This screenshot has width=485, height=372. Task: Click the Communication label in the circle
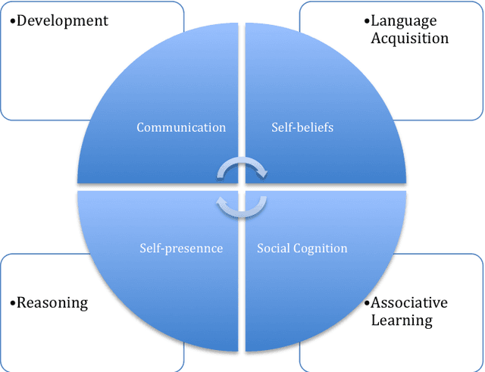coord(181,127)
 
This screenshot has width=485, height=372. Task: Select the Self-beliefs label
coord(302,127)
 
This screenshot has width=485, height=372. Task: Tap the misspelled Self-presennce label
coord(181,249)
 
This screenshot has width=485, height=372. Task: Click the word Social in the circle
coord(274,249)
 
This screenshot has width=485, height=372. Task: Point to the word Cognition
coord(320,249)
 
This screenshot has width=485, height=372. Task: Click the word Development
coord(62,20)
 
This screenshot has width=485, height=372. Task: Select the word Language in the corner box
coord(404,20)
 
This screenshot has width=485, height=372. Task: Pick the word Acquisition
coord(409,38)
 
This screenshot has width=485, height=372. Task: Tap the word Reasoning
coord(52,303)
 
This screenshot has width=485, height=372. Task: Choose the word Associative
coord(408,303)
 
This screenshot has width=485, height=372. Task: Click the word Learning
coord(401,320)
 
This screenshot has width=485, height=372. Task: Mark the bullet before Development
coord(12,21)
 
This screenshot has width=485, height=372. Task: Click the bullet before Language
coord(367,21)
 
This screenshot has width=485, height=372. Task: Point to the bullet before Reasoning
coord(12,304)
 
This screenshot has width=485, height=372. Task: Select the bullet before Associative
coord(367,304)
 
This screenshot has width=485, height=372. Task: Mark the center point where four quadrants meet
coord(242,186)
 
